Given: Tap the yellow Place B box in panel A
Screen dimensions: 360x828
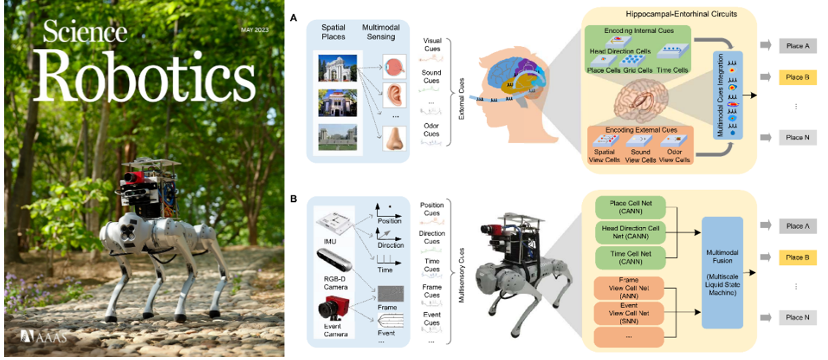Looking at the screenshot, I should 798,76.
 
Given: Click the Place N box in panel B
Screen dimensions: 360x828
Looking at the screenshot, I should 798,317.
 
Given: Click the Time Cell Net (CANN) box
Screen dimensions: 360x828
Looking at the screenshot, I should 630,258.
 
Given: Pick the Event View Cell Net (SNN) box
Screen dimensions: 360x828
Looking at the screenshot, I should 630,313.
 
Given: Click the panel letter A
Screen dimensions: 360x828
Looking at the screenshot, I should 293,19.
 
